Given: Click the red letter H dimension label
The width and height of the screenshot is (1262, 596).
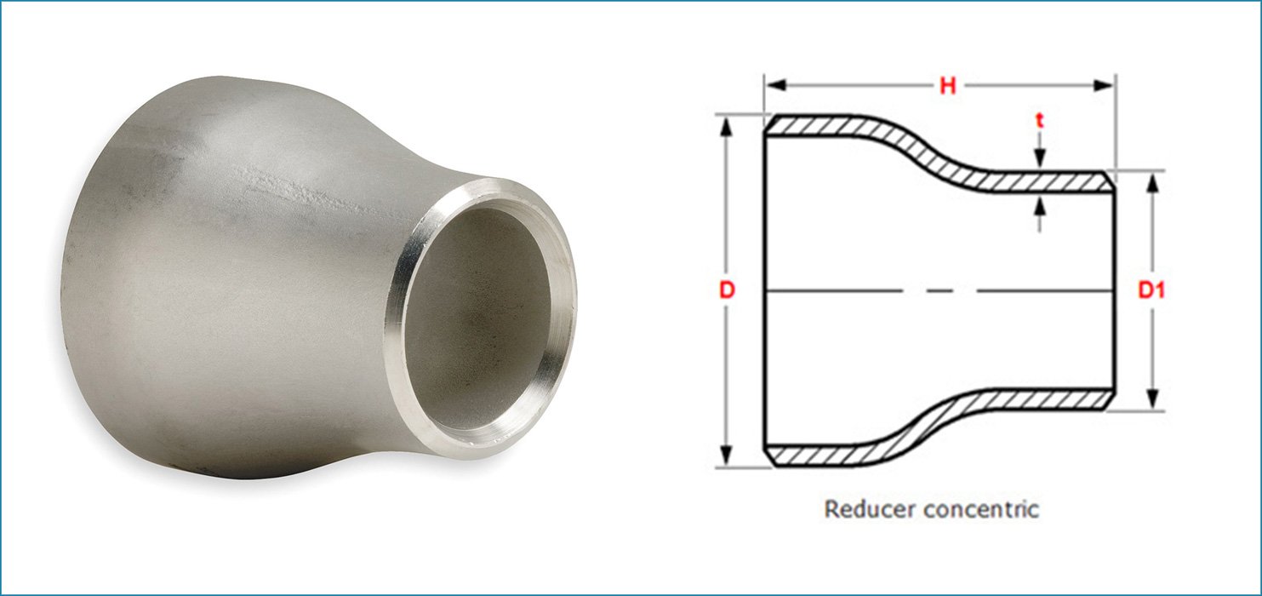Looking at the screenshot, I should (946, 85).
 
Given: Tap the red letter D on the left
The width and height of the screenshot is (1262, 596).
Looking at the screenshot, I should (726, 290).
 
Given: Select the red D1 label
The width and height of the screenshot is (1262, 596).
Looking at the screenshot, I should (1152, 290).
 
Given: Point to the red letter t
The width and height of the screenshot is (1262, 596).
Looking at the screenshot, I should (1039, 122).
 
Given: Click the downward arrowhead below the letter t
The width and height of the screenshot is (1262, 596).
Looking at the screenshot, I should (1039, 160).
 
